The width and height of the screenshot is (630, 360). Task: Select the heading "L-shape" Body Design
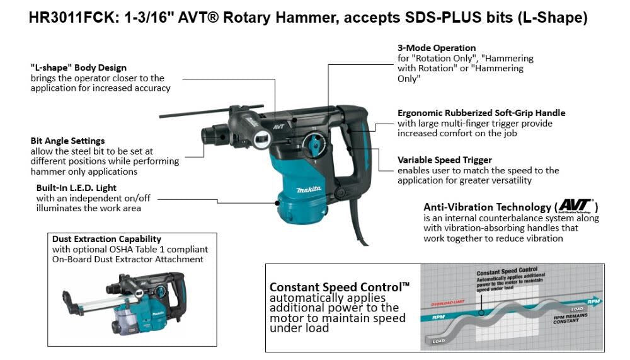coord(79,67)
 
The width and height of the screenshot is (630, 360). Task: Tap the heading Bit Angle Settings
coord(67,141)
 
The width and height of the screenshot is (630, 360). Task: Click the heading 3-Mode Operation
coord(437,48)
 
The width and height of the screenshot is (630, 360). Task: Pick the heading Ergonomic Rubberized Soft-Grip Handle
coord(481,113)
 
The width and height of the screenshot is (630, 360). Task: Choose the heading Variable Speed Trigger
coord(445,160)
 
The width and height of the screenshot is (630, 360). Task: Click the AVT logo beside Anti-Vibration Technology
coord(575,206)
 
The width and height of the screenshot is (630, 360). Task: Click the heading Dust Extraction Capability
coord(106,239)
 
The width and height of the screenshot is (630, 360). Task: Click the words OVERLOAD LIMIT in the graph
coord(447,303)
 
